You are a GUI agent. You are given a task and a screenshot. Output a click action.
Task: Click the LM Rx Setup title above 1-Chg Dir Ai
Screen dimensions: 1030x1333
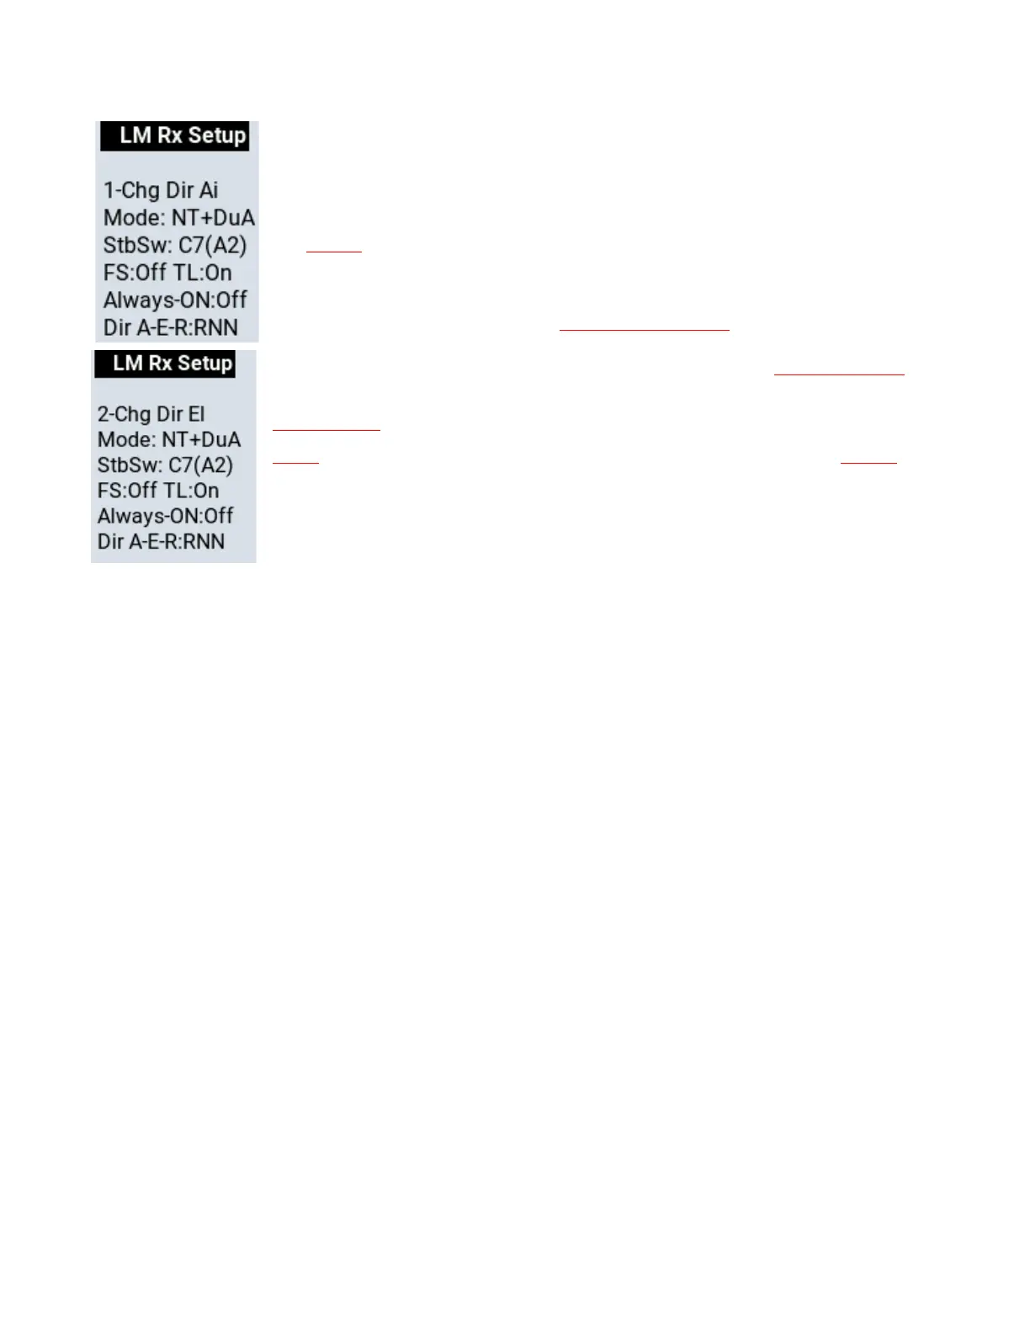click(182, 135)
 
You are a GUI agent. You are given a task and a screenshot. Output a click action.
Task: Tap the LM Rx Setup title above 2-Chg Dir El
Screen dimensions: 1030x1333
click(172, 364)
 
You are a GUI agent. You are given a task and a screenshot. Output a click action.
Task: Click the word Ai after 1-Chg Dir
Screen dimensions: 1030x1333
click(209, 190)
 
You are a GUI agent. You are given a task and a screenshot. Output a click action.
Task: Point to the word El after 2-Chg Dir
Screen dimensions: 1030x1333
click(196, 414)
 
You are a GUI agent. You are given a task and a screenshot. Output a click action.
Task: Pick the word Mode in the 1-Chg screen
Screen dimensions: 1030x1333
click(133, 218)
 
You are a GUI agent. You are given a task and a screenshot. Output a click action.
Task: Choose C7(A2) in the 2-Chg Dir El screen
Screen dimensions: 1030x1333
click(200, 465)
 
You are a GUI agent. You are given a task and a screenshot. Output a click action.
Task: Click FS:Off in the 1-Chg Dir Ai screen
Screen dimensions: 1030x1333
click(135, 273)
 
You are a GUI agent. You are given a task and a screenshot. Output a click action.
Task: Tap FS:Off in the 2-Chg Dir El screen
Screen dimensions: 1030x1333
click(128, 491)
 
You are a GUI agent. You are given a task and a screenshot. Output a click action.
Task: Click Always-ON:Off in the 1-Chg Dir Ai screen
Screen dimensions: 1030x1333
click(175, 300)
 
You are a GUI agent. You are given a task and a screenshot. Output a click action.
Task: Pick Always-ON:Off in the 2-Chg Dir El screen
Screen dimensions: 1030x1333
click(165, 516)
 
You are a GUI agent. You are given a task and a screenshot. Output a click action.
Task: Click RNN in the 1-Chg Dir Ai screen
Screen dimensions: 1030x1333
click(216, 327)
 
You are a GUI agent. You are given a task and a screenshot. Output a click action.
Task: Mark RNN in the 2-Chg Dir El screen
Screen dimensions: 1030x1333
click(204, 541)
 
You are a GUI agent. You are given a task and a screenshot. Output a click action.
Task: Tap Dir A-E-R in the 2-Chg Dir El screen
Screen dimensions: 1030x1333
click(138, 541)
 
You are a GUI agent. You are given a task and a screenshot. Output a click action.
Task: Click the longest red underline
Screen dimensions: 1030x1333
click(644, 331)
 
